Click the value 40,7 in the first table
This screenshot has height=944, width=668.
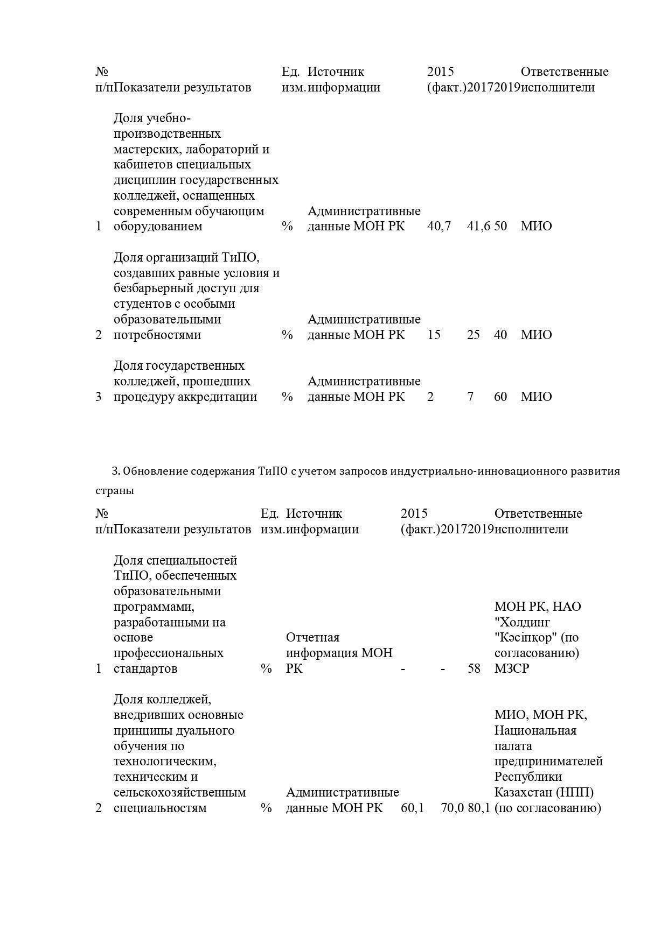point(439,226)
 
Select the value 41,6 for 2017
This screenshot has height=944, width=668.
point(478,226)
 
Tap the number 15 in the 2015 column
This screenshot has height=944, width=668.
point(434,335)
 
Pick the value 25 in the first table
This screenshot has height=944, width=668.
point(474,335)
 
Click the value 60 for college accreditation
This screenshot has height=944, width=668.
point(500,397)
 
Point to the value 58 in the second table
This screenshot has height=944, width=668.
point(474,668)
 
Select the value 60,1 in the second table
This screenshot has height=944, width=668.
point(413,808)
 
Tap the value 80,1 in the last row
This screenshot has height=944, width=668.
point(479,808)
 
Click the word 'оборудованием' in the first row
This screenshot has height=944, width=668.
point(158,226)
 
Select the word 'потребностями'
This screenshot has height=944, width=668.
point(157,335)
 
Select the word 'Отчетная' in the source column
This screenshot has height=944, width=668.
point(312,637)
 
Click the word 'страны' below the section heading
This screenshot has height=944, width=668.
point(115,490)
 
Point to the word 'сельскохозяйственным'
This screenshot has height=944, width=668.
point(180,792)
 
